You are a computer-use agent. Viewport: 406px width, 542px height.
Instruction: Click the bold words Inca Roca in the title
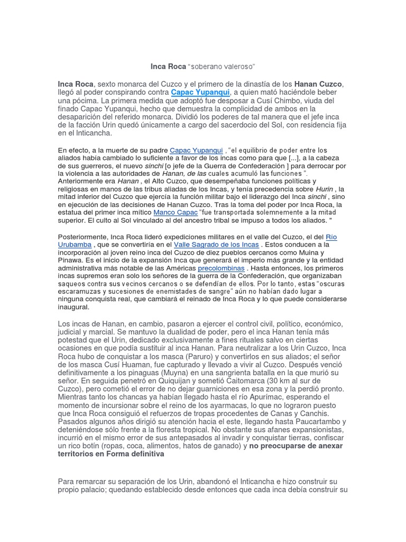point(169,67)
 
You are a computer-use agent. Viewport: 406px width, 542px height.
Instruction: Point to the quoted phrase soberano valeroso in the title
point(222,67)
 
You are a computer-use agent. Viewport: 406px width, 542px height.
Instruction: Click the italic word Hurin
point(326,189)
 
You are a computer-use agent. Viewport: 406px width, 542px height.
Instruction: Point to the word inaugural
point(74,307)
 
